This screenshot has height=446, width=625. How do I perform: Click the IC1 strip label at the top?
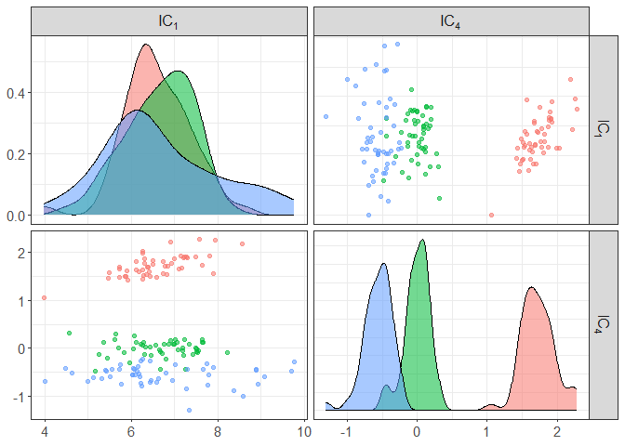(x=168, y=21)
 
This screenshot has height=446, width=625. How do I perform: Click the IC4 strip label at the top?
(x=452, y=21)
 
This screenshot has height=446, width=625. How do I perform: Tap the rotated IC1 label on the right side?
(x=604, y=129)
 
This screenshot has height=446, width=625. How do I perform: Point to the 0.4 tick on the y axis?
(x=17, y=93)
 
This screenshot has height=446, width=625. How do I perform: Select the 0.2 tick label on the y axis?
(x=17, y=154)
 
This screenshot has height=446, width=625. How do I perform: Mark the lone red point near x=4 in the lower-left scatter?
(x=44, y=298)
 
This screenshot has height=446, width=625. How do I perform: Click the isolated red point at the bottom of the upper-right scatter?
(x=491, y=215)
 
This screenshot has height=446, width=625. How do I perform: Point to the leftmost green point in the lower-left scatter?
(x=69, y=333)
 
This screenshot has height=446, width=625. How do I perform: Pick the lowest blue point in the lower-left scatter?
(x=189, y=410)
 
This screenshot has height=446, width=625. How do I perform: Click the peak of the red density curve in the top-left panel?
(x=146, y=45)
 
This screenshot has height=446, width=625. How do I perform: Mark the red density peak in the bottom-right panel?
(x=532, y=287)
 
